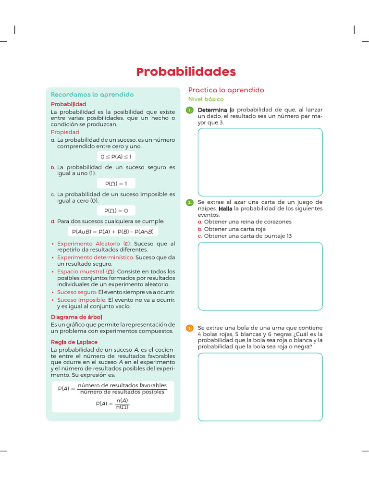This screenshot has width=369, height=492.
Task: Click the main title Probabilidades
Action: point(186,72)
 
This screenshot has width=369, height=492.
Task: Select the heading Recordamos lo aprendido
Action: point(92,95)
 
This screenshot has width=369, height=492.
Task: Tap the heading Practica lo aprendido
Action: point(226,90)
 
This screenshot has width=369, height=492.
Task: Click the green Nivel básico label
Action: point(206,99)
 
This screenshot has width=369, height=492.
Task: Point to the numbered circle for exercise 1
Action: point(190,111)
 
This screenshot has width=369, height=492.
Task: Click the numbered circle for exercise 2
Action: point(190,203)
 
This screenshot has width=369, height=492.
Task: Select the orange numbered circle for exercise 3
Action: point(190,328)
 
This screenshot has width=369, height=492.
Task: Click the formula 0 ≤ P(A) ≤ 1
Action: point(116,157)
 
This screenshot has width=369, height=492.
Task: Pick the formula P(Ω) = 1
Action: point(116,184)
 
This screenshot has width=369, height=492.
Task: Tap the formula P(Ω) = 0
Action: point(116,210)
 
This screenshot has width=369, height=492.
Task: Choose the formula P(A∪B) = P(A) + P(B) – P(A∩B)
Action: point(113,232)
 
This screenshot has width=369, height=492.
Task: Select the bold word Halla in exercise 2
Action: point(225,209)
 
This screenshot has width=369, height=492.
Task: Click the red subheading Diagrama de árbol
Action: point(76,317)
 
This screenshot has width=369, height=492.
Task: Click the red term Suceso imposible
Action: point(78,300)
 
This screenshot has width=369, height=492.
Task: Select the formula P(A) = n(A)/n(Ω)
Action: point(112,404)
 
